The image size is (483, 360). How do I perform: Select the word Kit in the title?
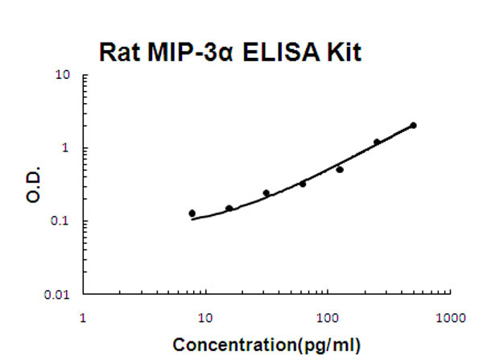pos(345,52)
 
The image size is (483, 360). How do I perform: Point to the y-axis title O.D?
pos(34,185)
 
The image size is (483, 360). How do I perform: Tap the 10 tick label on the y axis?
pos(64,76)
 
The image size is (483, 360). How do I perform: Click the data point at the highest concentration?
pos(413,126)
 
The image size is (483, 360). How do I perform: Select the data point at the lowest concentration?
pos(192,213)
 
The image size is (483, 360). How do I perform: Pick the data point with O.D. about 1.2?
pos(377,143)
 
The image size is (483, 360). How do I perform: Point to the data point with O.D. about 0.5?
pos(340,170)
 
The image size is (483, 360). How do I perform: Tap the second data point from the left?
pos(229,209)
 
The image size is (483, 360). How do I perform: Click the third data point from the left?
pos(266,193)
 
